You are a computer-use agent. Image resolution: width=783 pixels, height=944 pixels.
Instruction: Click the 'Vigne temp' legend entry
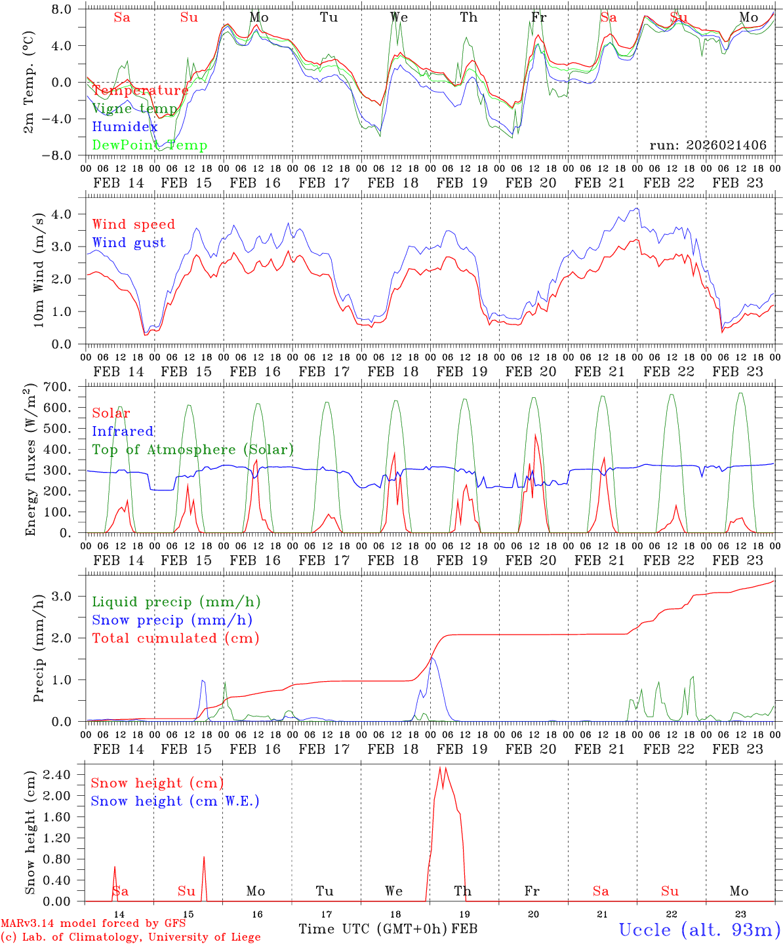pyautogui.click(x=135, y=109)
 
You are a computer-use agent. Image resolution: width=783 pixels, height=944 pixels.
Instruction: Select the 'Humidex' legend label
pyautogui.click(x=125, y=127)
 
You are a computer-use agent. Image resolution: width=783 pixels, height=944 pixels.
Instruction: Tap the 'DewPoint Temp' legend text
pyautogui.click(x=150, y=146)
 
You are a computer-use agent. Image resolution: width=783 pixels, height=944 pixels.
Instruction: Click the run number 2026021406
pyautogui.click(x=708, y=146)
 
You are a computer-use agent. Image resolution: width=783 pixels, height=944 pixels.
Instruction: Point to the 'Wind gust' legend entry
pyautogui.click(x=129, y=243)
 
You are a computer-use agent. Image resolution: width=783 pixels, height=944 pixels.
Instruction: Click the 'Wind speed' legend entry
pyautogui.click(x=134, y=224)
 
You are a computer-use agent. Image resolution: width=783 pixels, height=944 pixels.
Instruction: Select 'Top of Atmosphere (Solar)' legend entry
pyautogui.click(x=193, y=450)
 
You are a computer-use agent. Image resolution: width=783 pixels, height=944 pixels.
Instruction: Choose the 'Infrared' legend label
pyautogui.click(x=123, y=431)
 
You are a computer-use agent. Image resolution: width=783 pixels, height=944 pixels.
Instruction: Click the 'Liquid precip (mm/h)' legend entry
pyautogui.click(x=176, y=602)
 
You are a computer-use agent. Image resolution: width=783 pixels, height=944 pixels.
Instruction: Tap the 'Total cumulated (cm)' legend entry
pyautogui.click(x=176, y=639)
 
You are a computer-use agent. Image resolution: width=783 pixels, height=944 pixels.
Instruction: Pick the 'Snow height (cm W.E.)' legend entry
pyautogui.click(x=175, y=801)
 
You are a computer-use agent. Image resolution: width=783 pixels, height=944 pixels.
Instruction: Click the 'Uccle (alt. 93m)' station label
pyautogui.click(x=700, y=930)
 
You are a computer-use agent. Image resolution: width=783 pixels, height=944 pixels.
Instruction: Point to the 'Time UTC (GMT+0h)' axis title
pyautogui.click(x=373, y=929)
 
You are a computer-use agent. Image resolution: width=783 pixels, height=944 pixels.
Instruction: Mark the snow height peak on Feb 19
pyautogui.click(x=439, y=768)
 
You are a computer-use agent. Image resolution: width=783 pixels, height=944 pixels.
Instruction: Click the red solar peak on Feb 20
pyautogui.click(x=535, y=435)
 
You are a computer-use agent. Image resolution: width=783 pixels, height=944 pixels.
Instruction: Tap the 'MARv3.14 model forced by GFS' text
pyautogui.click(x=93, y=924)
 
